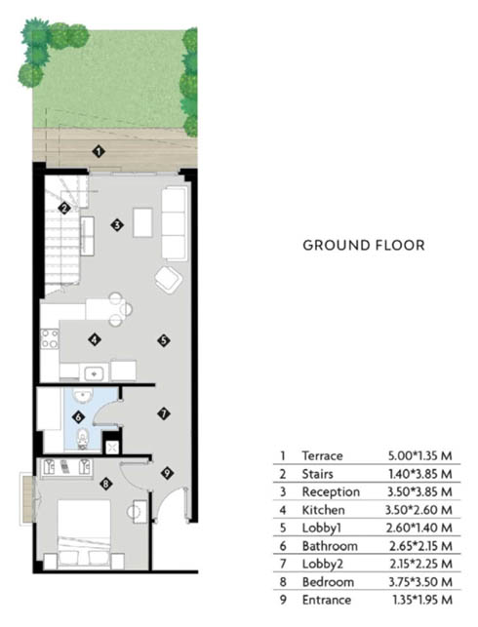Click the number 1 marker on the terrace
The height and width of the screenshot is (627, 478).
99,151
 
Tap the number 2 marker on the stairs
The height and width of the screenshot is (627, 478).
64,208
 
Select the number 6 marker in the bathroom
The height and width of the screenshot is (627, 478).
78,417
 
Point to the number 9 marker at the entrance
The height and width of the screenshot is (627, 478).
167,473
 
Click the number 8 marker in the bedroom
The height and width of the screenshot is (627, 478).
105,485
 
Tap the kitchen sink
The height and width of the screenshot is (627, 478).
95,373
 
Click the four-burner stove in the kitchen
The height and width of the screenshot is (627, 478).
50,338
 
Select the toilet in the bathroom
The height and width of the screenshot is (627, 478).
82,438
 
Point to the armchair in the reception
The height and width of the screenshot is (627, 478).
169,280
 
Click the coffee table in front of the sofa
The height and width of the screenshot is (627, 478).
142,222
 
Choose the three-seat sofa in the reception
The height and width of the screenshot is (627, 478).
175,224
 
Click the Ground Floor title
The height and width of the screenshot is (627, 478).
364,245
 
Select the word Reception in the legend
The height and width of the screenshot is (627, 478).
331,491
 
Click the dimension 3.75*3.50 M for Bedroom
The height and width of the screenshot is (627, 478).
420,582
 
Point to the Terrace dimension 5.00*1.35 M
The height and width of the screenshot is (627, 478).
420,455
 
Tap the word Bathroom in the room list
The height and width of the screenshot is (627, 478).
330,546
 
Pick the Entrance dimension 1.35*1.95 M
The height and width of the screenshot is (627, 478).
422,600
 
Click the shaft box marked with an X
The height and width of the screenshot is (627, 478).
112,448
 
